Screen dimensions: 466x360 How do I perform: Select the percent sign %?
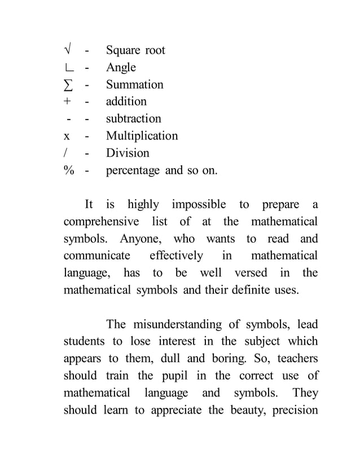[x=69, y=170]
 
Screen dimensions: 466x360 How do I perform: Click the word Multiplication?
[x=142, y=136]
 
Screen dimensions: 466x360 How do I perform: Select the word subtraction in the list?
[x=134, y=119]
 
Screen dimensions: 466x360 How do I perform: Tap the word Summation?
[x=135, y=85]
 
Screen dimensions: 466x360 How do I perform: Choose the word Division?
[x=128, y=153]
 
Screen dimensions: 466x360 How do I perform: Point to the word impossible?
[x=199, y=204]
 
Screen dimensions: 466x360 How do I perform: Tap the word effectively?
[x=176, y=256]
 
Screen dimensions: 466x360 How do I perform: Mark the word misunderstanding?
[x=178, y=324]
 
